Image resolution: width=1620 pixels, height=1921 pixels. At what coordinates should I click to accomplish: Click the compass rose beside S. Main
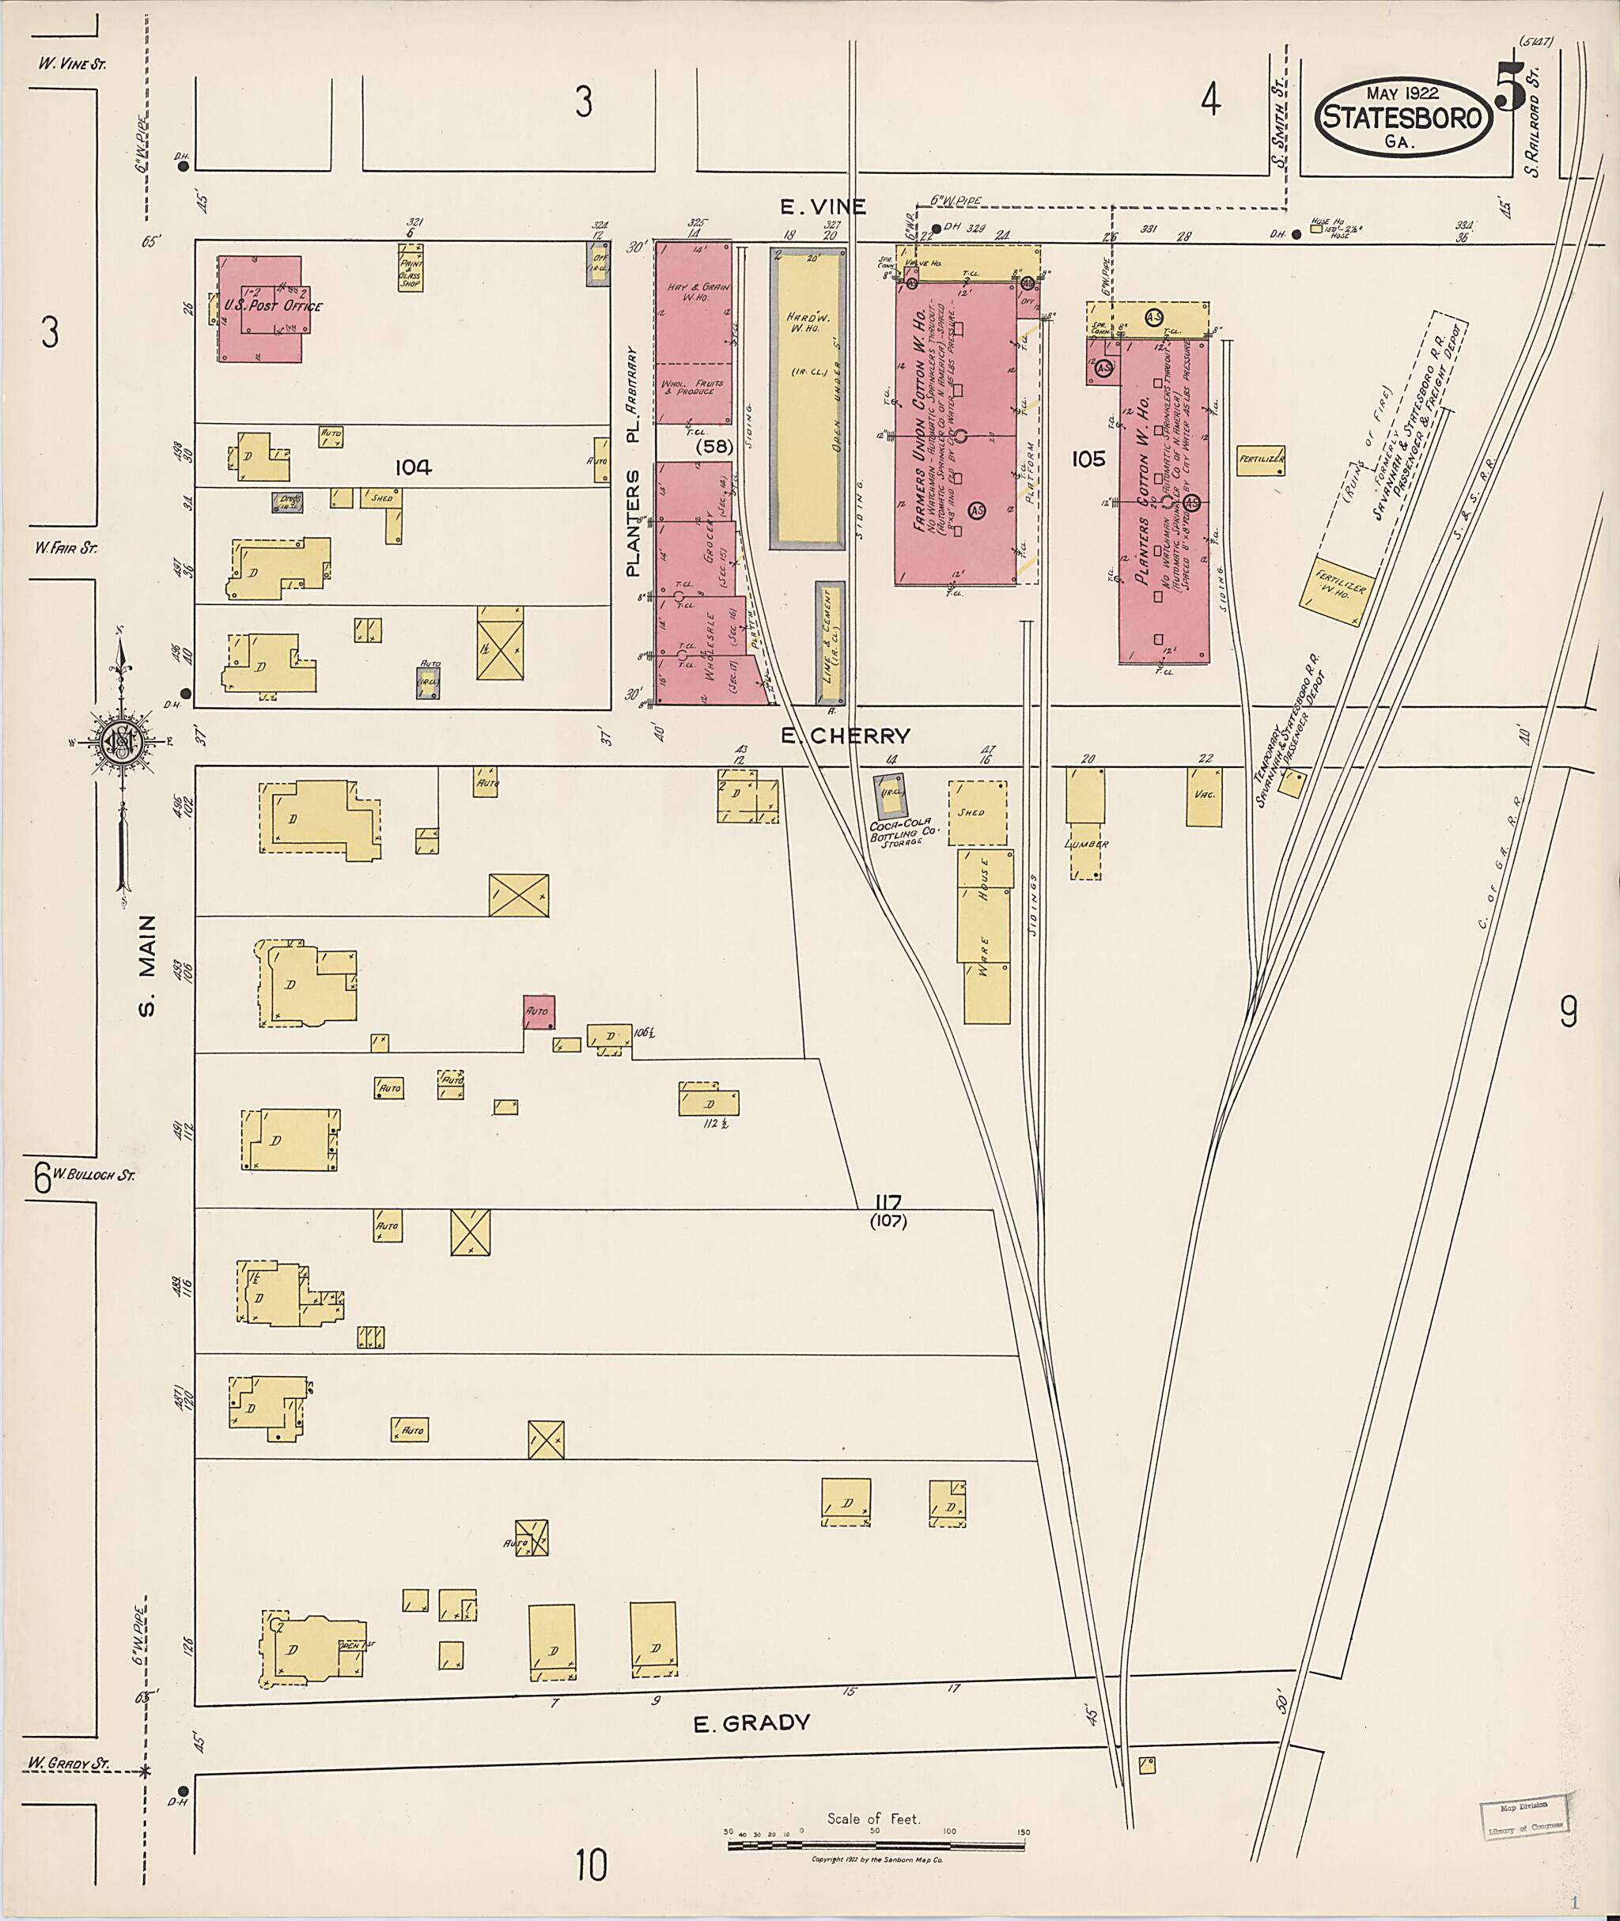pyautogui.click(x=120, y=741)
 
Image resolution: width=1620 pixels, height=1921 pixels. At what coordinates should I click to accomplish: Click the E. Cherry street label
pyautogui.click(x=845, y=736)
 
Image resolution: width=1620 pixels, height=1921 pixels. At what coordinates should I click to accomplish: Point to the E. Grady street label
pyautogui.click(x=751, y=1722)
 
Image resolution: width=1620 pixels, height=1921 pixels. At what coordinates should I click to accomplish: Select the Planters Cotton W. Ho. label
pyautogui.click(x=1142, y=496)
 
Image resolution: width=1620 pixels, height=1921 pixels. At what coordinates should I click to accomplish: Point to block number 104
pyautogui.click(x=413, y=467)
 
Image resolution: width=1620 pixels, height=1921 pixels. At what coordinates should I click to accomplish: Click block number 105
pyautogui.click(x=1088, y=458)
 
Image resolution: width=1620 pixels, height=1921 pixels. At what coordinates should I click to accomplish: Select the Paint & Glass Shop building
pyautogui.click(x=410, y=267)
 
